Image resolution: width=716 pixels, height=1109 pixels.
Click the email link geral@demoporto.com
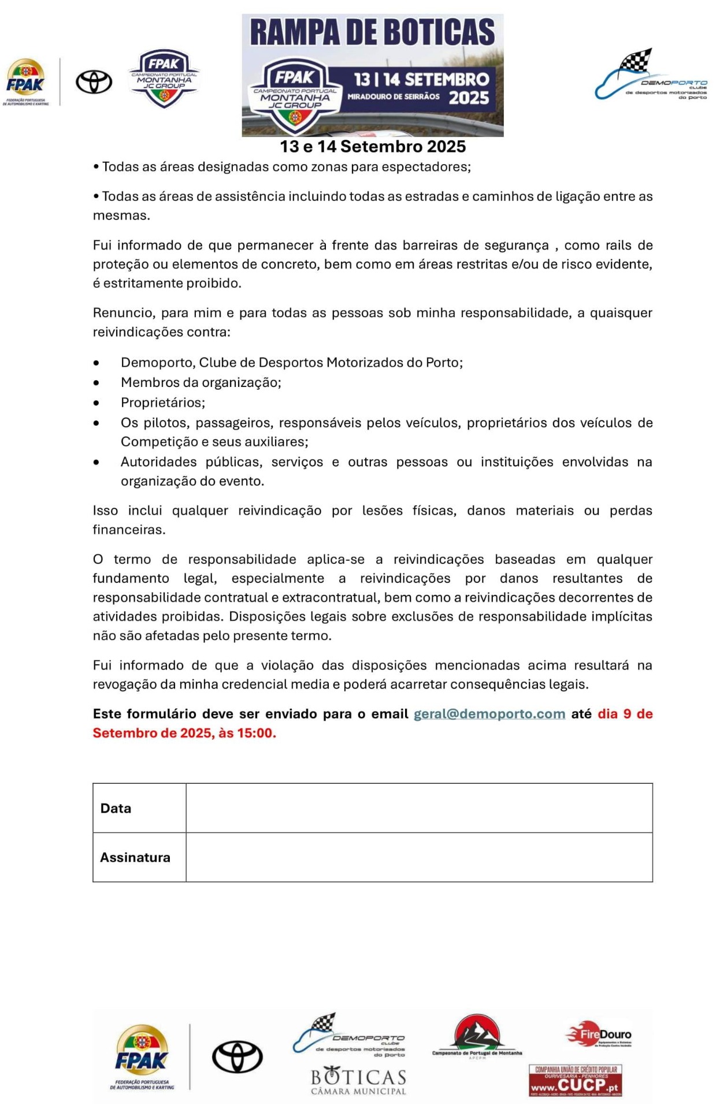489,714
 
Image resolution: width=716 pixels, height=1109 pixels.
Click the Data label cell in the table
116,808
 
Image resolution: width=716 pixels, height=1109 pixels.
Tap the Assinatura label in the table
135,857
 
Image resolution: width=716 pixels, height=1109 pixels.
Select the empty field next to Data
419,808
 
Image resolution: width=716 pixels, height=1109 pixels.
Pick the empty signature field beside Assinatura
419,857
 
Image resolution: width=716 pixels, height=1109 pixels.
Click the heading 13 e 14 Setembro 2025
373,147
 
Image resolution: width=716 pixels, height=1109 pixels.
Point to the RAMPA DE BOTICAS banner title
373,32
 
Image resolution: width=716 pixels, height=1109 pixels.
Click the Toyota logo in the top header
94,82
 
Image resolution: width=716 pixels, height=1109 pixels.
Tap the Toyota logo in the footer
238,1057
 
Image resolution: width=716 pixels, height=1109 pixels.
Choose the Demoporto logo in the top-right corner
651,76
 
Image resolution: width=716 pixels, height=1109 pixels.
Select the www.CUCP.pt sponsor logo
576,1080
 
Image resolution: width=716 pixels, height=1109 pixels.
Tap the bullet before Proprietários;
97,403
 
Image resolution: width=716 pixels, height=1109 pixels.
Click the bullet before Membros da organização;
97,382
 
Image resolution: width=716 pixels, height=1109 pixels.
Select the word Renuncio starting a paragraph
122,313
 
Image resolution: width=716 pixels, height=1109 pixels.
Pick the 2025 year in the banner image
469,98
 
